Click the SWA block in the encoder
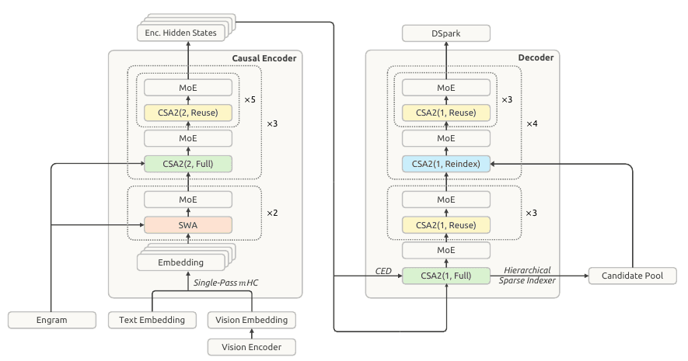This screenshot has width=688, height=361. point(188,225)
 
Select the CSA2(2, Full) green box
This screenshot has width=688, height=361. point(188,164)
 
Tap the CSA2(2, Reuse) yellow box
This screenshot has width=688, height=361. point(188,113)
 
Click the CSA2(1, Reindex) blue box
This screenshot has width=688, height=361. point(445,164)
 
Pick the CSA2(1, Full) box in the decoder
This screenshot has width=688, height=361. point(445,276)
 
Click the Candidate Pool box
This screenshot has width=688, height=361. point(632,276)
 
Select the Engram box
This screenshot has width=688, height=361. point(52,320)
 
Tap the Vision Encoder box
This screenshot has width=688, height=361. point(251,347)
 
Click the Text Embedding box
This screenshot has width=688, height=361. point(152,320)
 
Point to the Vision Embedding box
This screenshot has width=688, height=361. point(251,320)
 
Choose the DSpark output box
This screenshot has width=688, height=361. point(445,33)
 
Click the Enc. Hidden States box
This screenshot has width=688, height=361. point(181,33)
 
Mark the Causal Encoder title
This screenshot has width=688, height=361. point(264,58)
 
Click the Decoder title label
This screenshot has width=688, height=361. point(536,57)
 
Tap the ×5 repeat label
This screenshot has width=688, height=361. point(250,100)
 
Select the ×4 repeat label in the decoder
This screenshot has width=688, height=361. point(532,124)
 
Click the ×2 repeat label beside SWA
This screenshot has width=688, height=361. point(272,213)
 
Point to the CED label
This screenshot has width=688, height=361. point(383,271)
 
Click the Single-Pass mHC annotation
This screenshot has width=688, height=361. point(225,283)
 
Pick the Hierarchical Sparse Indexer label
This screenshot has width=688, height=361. point(527,276)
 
